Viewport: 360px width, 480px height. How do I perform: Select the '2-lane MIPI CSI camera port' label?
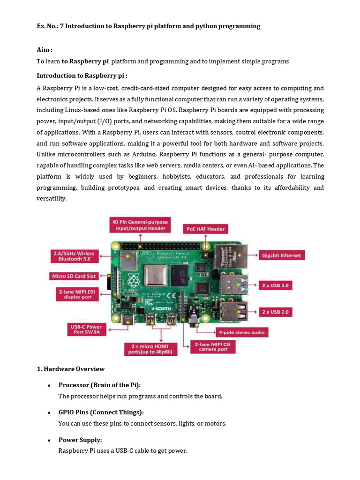point(213,347)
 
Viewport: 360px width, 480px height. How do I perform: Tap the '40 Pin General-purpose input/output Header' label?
point(139,225)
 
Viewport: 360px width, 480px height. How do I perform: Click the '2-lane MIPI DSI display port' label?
point(77,294)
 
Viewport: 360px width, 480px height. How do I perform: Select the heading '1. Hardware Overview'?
point(71,369)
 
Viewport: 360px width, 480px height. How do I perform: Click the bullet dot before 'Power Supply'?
point(49,440)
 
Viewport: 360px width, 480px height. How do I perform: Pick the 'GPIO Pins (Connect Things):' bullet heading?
point(101,412)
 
